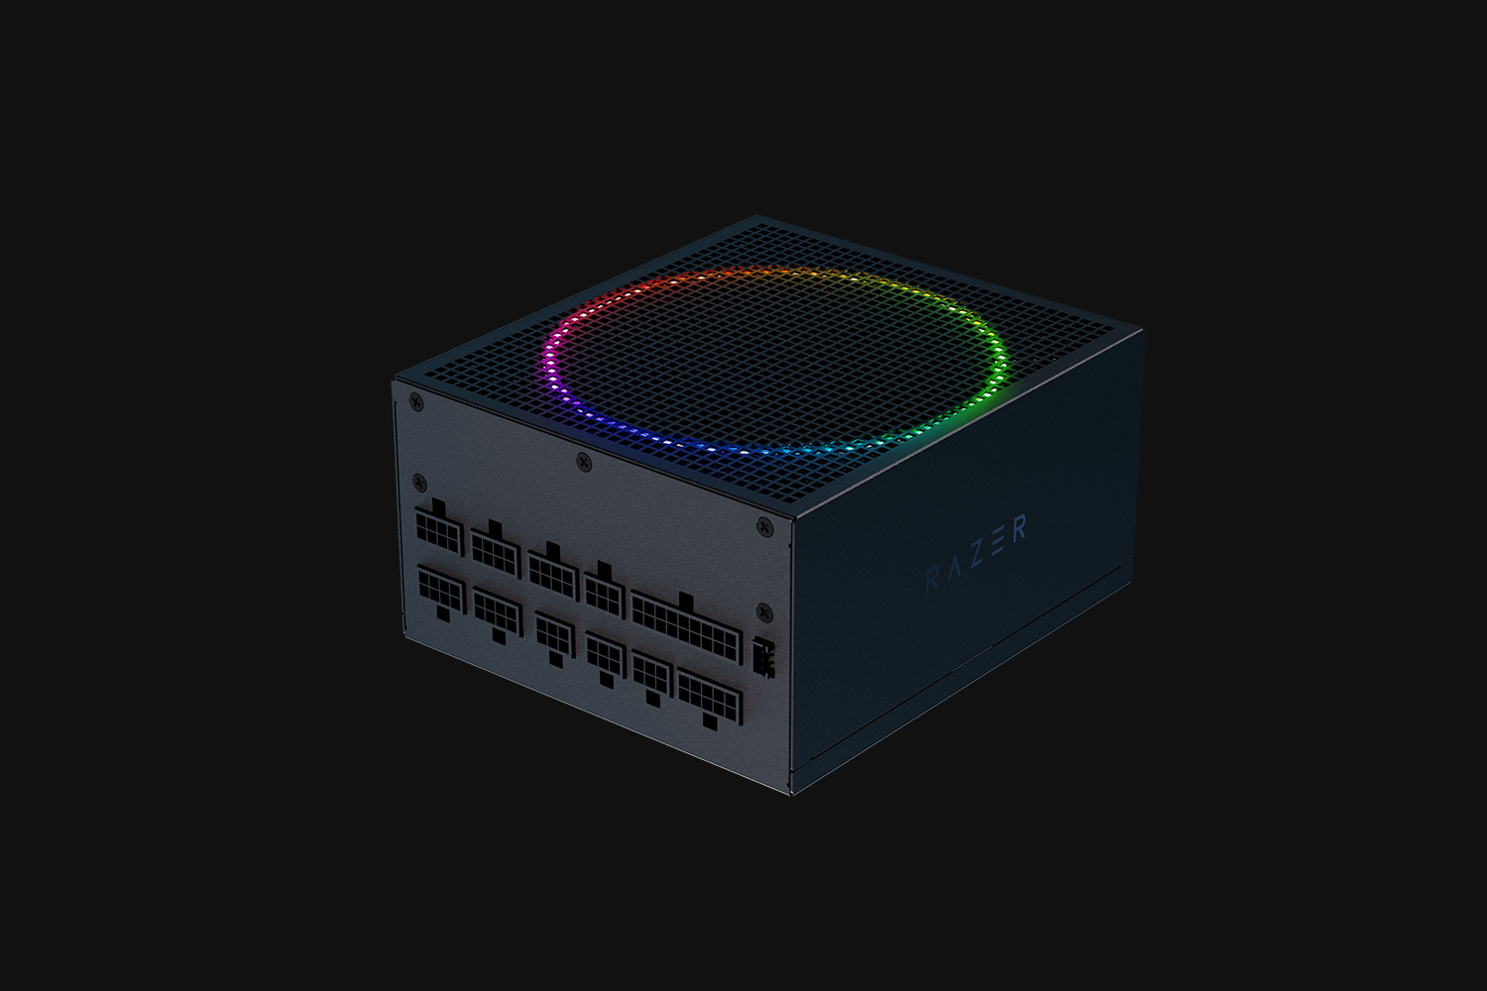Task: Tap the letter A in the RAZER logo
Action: (954, 570)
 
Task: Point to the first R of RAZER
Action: (932, 580)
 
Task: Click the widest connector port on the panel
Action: (686, 627)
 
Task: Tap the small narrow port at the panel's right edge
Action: (762, 658)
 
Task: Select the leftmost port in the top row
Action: (439, 531)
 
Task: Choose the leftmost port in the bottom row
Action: (441, 592)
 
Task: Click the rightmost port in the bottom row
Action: (710, 699)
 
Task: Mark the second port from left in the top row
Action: (496, 549)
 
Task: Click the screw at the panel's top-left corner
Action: (415, 401)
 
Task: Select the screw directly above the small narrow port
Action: (762, 610)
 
